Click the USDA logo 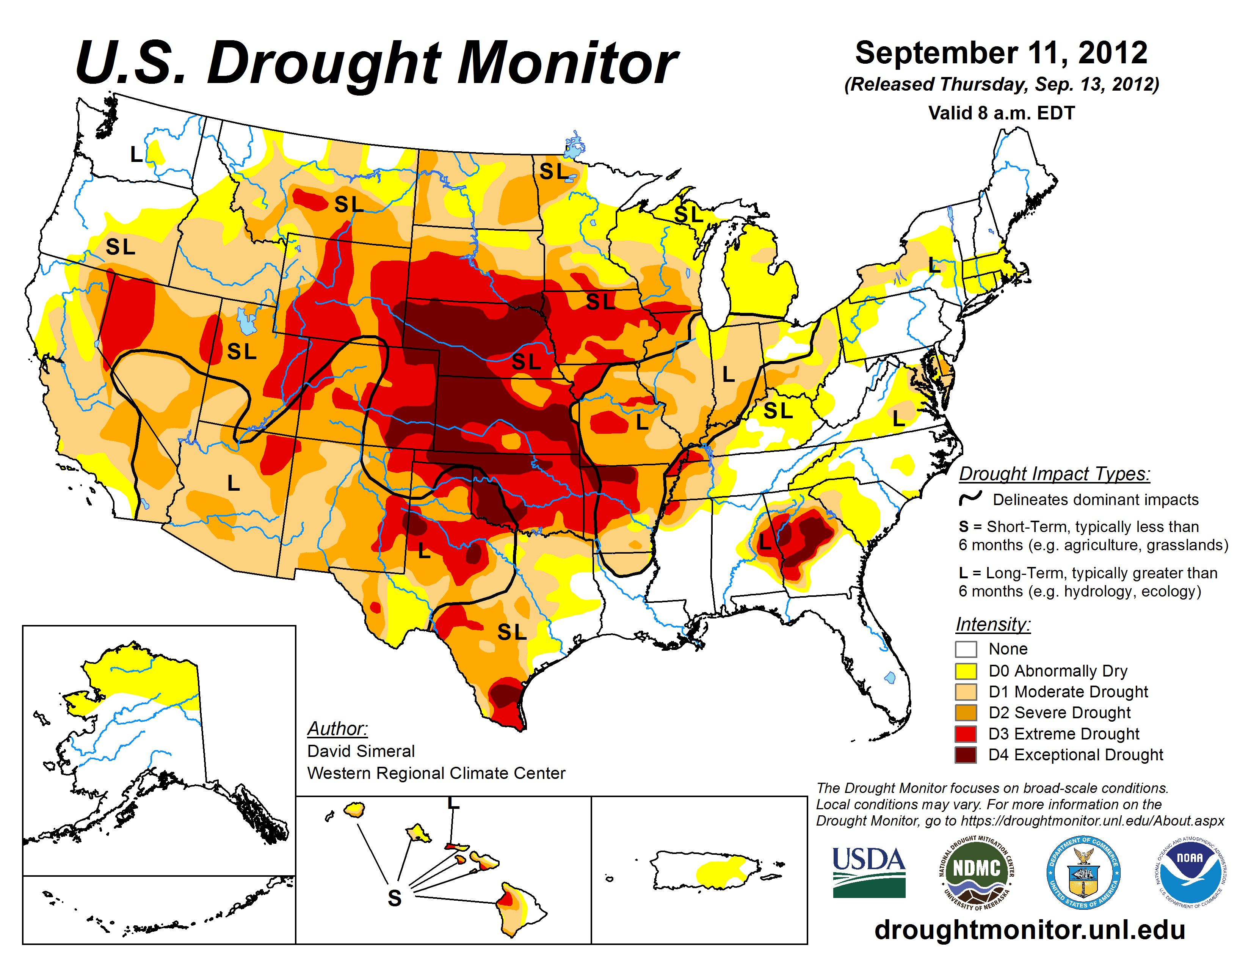click(x=868, y=872)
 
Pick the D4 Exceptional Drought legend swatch click(x=966, y=755)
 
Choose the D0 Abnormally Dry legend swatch click(x=966, y=671)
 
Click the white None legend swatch click(x=966, y=649)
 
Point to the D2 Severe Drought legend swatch click(x=966, y=713)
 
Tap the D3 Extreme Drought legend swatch click(x=966, y=734)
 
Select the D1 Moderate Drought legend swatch click(x=966, y=692)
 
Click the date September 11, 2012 click(x=1001, y=53)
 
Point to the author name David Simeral click(x=361, y=751)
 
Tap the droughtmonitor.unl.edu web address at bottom click(x=1029, y=929)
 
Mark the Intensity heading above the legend click(x=993, y=624)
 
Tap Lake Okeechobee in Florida click(x=890, y=678)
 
